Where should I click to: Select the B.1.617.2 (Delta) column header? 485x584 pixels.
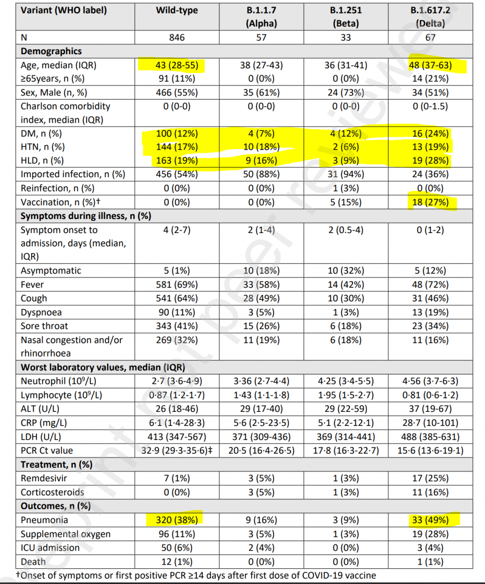tap(430, 17)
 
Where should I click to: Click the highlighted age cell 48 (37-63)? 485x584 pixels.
tap(430, 66)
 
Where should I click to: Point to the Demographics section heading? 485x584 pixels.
tap(51, 52)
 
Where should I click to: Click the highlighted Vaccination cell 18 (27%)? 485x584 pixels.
tap(430, 202)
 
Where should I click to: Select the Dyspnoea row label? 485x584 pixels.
tap(41, 312)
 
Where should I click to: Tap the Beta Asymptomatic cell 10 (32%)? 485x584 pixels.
tap(346, 271)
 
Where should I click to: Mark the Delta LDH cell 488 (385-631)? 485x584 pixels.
tap(430, 436)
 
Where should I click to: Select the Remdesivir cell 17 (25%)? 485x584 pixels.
tap(430, 478)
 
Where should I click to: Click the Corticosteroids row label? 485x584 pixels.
tap(52, 492)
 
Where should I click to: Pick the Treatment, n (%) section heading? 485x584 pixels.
tap(56, 464)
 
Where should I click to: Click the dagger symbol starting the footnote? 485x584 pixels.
tap(18, 575)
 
